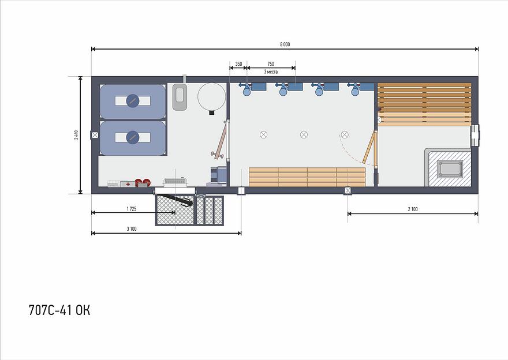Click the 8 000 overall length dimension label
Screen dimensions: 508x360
coord(285,44)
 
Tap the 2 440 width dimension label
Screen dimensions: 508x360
coord(76,134)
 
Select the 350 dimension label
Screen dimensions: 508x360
coord(238,64)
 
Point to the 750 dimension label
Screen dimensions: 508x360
coord(271,64)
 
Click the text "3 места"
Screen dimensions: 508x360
coord(271,72)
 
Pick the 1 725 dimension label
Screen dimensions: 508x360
coord(132,209)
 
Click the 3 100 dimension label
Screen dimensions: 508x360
coord(132,229)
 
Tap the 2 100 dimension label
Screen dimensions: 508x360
coord(413,209)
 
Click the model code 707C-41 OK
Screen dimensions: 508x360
coord(59,310)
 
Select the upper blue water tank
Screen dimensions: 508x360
coord(133,102)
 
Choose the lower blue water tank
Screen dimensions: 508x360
coord(133,137)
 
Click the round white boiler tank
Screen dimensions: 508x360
coord(211,97)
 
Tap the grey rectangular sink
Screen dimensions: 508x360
coord(180,96)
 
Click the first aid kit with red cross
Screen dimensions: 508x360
coord(128,184)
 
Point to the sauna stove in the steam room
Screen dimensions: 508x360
coord(449,168)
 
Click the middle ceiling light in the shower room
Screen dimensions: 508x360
coord(304,134)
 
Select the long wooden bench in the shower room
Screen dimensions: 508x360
coord(307,177)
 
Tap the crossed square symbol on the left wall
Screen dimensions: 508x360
coord(95,135)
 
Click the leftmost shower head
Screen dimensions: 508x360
coord(247,89)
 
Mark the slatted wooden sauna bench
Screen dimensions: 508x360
coord(424,104)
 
